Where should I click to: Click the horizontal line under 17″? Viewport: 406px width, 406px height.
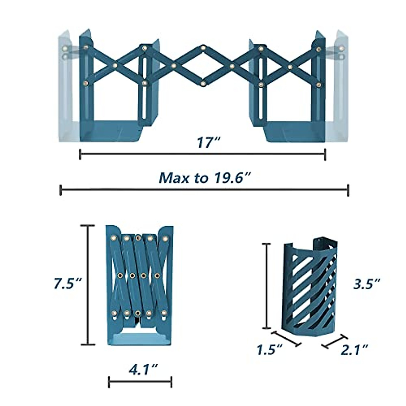[202, 154]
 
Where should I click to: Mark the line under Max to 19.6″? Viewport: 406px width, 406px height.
[204, 190]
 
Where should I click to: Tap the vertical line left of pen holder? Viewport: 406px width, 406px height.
[267, 286]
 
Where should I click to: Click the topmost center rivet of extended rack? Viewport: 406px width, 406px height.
[203, 48]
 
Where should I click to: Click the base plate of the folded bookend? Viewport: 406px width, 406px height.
[139, 338]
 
